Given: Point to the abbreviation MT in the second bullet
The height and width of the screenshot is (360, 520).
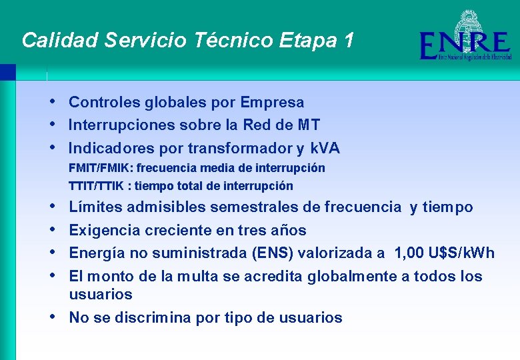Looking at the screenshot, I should [x=309, y=125].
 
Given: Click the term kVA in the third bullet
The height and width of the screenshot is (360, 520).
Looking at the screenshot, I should [x=325, y=148].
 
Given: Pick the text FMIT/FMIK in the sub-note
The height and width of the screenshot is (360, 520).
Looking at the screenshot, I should [x=101, y=168].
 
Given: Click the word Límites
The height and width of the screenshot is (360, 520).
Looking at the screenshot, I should [x=95, y=207].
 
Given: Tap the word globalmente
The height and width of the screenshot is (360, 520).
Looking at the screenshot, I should [x=354, y=276].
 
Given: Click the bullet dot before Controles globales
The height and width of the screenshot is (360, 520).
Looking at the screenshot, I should [x=53, y=101].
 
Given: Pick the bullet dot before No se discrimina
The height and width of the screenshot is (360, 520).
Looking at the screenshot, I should [x=53, y=317].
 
